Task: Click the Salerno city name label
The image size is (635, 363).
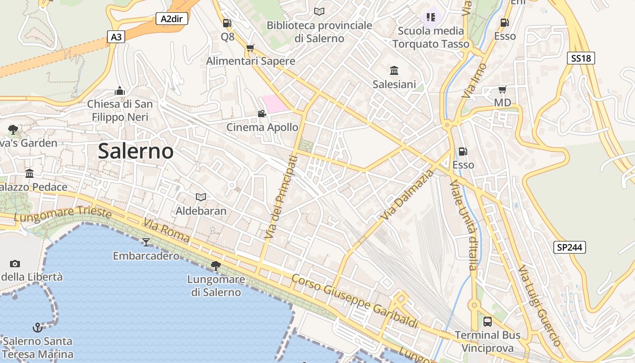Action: coord(136,151)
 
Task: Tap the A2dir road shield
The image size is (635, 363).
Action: coord(171,19)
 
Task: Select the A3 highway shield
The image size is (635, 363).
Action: coord(116,37)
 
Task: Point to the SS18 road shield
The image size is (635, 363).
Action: coord(581,58)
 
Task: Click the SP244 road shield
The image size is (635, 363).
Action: coord(570,247)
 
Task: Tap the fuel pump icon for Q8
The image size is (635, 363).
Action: coord(227,23)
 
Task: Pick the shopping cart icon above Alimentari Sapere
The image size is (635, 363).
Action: coord(250,48)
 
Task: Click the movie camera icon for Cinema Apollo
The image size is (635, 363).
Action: coord(262,113)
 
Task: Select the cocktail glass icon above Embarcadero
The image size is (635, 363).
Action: coord(146,242)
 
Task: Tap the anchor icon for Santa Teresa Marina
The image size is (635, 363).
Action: coord(38,327)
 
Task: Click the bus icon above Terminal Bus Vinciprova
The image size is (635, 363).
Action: coord(488,322)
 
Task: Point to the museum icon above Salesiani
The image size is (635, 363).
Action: coord(394,71)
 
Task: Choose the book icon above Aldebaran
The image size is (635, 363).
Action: coord(201,197)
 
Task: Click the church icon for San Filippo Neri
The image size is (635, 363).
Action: coord(120,91)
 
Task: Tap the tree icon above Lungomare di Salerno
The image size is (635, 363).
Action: coord(216,265)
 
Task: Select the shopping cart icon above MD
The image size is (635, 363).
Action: coord(502,89)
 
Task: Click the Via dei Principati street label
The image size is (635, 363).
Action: coord(280,197)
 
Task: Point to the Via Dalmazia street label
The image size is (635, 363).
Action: coord(407,193)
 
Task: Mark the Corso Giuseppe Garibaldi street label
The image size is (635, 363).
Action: coord(355,301)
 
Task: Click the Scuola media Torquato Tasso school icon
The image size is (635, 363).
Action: coord(430,17)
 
